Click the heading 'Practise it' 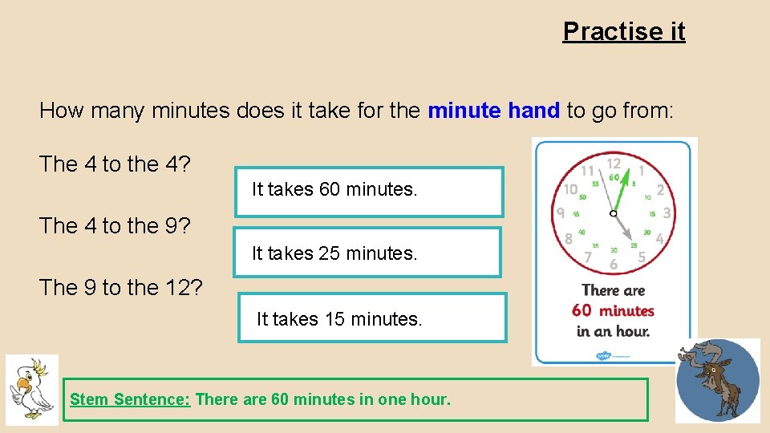624,31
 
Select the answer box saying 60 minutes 369,191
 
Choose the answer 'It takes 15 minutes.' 372,318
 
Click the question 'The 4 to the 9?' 115,226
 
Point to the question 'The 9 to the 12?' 120,287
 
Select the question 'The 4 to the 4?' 115,164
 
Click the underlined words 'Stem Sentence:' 130,399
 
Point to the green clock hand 630,187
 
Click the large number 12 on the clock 614,162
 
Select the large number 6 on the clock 614,264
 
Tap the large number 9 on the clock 561,212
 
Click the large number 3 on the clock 666,213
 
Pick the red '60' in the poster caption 582,310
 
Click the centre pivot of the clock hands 614,213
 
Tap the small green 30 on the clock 614,249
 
